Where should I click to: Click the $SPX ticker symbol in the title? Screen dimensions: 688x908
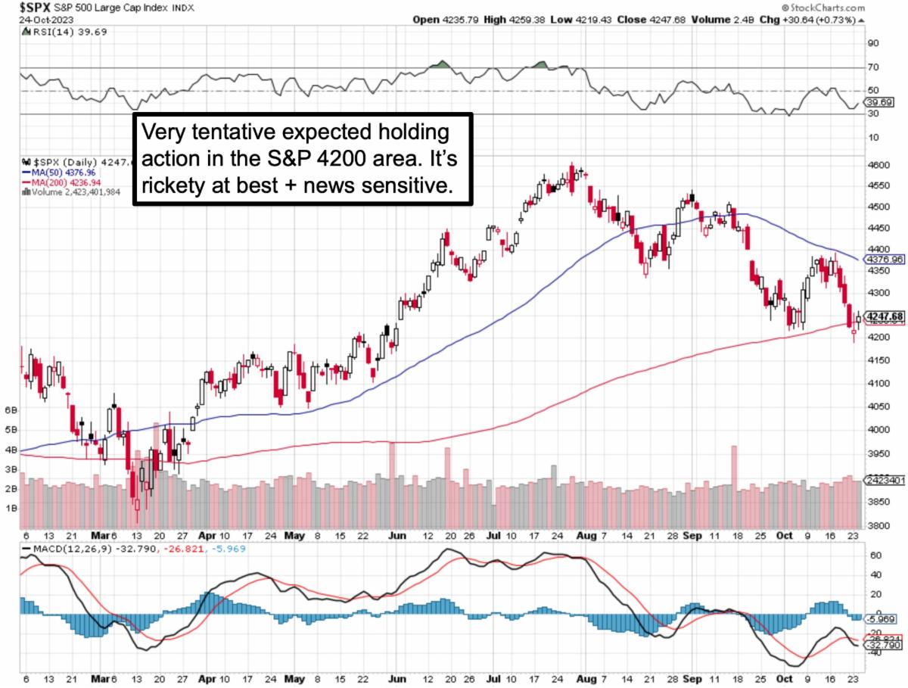pos(19,7)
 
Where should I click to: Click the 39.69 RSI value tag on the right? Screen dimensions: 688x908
pos(880,102)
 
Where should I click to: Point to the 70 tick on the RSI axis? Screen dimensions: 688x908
pos(874,67)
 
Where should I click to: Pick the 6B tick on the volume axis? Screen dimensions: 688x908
pos(11,409)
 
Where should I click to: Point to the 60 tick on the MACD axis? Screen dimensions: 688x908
pos(874,556)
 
